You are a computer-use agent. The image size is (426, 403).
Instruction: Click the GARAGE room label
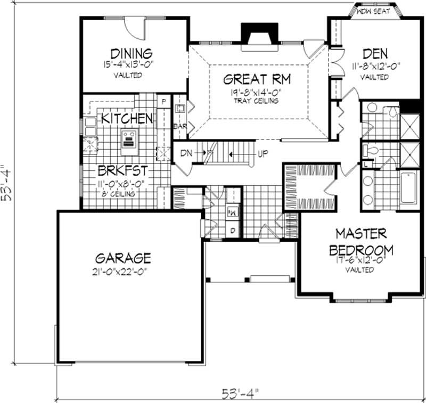click(123, 258)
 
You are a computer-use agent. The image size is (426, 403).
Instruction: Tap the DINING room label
click(131, 53)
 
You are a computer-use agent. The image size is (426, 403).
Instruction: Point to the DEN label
click(375, 54)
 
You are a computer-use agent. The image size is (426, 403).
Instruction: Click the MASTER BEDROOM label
click(362, 242)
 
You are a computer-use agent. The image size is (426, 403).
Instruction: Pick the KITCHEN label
click(127, 118)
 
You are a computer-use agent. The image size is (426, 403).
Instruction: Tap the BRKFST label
click(121, 171)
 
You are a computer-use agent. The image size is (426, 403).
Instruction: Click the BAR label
click(179, 126)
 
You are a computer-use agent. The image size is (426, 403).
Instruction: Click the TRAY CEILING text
click(259, 101)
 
